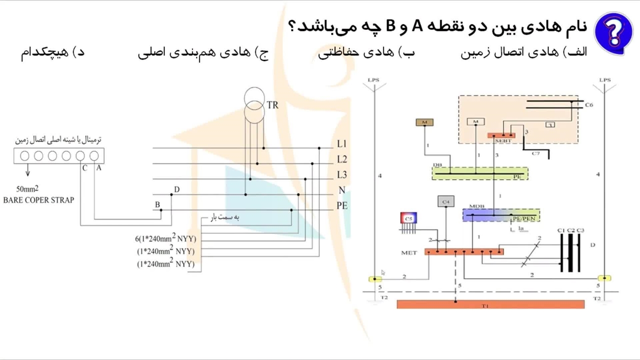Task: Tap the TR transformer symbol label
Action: pos(272,105)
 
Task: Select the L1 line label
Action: pos(341,144)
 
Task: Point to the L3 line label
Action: pos(341,174)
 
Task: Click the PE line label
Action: pos(342,205)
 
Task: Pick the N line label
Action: pos(342,190)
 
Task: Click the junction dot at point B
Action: pos(161,210)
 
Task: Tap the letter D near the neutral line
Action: pos(176,189)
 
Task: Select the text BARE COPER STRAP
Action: pos(38,200)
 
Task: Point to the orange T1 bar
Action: pos(490,304)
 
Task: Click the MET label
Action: pos(409,252)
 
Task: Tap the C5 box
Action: pos(408,218)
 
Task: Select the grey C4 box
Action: pos(445,201)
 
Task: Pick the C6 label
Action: pos(589,105)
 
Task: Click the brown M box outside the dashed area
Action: pos(424,122)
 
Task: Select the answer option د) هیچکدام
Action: pos(52,52)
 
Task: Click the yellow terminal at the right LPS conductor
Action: pos(604,278)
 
